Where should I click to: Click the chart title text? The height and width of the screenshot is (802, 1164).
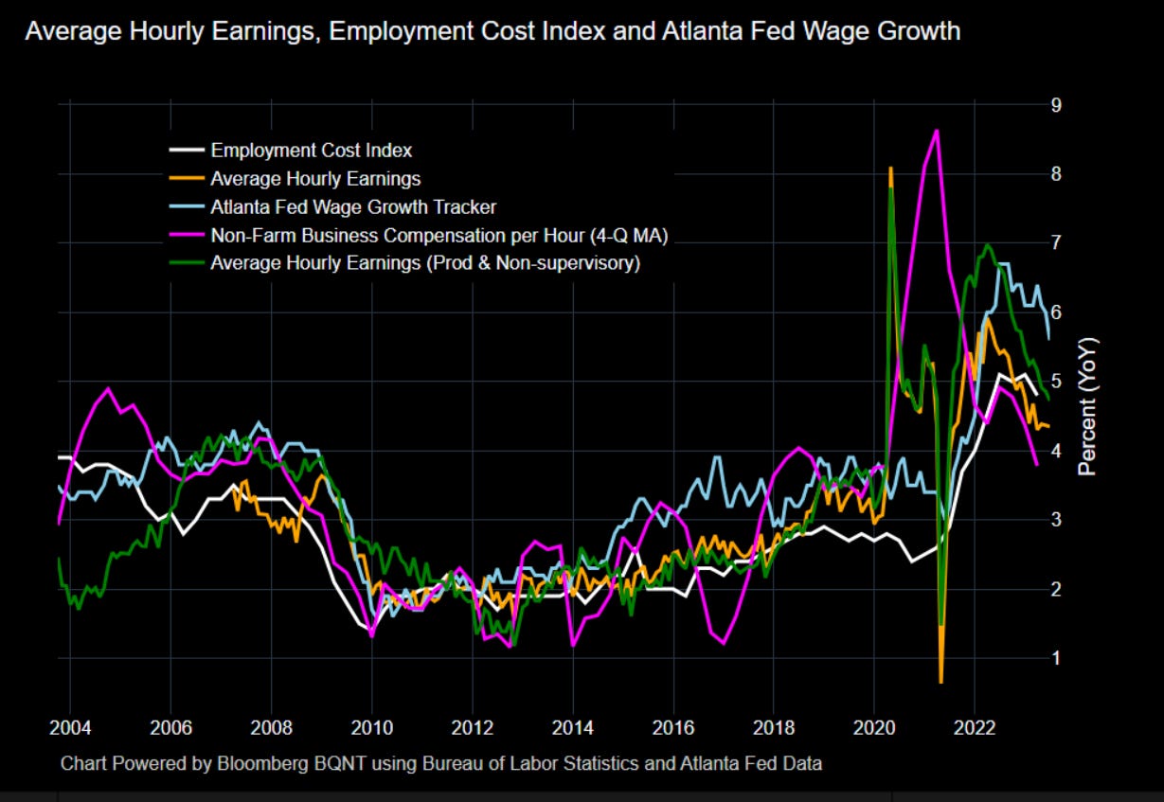click(x=492, y=32)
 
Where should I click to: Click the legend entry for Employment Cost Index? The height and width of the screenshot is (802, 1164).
click(x=311, y=150)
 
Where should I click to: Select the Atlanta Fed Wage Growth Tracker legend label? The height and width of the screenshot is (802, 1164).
click(x=353, y=206)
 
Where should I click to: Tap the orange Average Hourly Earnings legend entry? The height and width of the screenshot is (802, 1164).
click(x=315, y=178)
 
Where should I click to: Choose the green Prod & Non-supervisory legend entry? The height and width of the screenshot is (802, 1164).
click(x=425, y=263)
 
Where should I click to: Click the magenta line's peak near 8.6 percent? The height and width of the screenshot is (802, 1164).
click(x=936, y=131)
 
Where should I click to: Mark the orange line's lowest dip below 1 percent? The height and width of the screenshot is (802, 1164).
click(x=940, y=681)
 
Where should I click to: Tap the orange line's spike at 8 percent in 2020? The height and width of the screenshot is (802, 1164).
click(x=890, y=168)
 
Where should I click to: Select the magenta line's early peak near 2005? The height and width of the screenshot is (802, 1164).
click(x=108, y=388)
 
